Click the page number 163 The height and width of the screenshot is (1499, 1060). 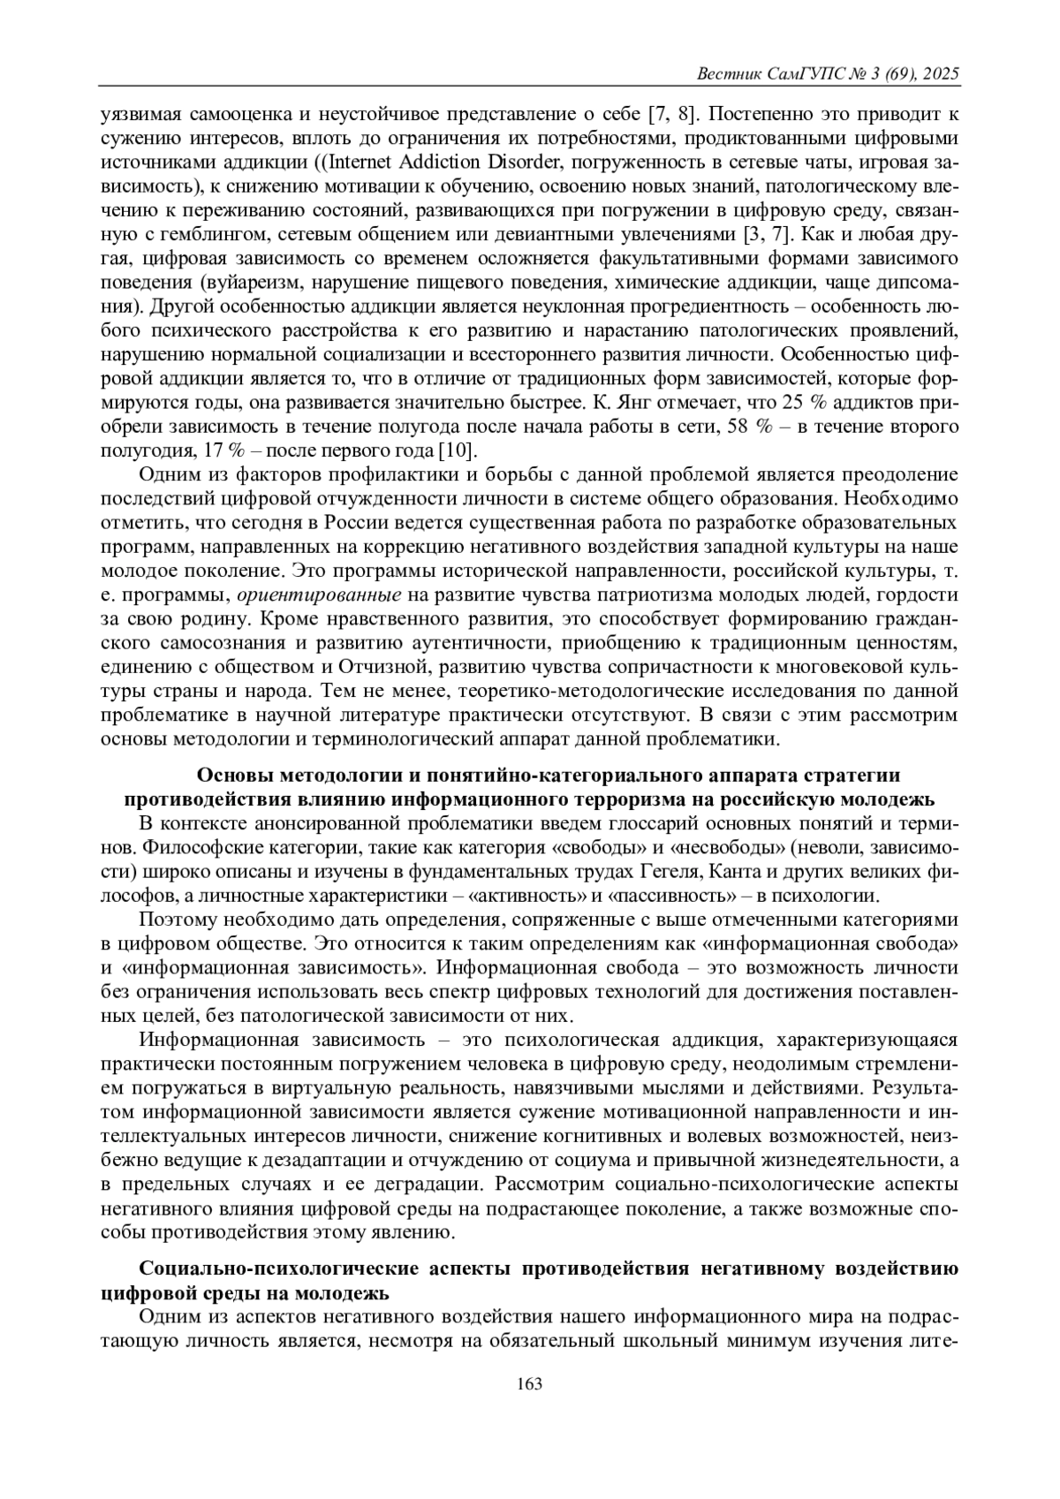pyautogui.click(x=529, y=1383)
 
